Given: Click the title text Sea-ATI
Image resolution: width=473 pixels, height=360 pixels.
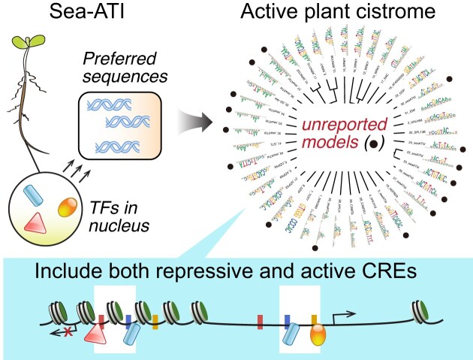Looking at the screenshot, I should click(74, 12).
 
